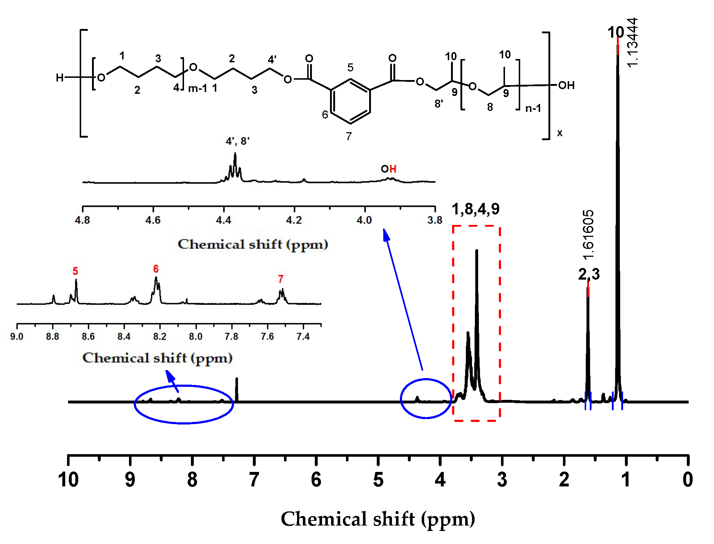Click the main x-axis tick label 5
coord(378,480)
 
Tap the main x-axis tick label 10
coord(68,480)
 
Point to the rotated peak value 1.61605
coord(588,235)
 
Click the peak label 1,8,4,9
coord(476,209)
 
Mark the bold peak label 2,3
coord(589,274)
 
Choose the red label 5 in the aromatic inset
coord(75,271)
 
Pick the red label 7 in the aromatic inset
coord(280,279)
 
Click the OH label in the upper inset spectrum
coord(388,169)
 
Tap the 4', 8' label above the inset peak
coord(237,141)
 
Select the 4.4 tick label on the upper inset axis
coord(224,220)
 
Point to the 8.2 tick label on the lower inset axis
coord(159,336)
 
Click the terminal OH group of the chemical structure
coord(566,85)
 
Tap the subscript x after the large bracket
coord(560,133)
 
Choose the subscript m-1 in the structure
coord(197,88)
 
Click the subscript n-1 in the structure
coord(533,108)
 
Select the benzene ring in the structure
coord(351,101)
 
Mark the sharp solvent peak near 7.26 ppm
coord(237,389)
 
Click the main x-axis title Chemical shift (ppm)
coord(378,519)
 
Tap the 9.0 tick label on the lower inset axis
coord(17,336)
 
